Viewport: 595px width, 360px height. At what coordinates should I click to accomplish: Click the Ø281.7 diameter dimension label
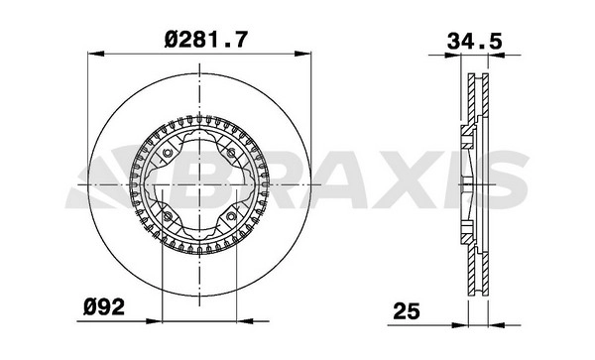tap(206, 40)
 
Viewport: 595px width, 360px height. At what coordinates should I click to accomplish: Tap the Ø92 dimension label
tap(104, 306)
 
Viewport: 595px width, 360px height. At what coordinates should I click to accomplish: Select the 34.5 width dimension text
tap(475, 42)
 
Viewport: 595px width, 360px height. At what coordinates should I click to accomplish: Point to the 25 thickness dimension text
tap(407, 311)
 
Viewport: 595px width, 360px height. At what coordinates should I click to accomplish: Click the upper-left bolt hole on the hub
tap(167, 153)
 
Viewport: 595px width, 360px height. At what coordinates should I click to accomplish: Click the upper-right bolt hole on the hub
tap(231, 153)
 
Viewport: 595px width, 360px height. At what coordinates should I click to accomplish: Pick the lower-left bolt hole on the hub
tap(167, 216)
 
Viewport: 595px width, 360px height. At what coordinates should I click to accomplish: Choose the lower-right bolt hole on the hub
tap(231, 216)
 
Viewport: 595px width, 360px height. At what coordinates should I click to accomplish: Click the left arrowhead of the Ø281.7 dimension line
tap(95, 54)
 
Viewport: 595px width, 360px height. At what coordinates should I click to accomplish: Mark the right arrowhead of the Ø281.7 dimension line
tap(302, 54)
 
